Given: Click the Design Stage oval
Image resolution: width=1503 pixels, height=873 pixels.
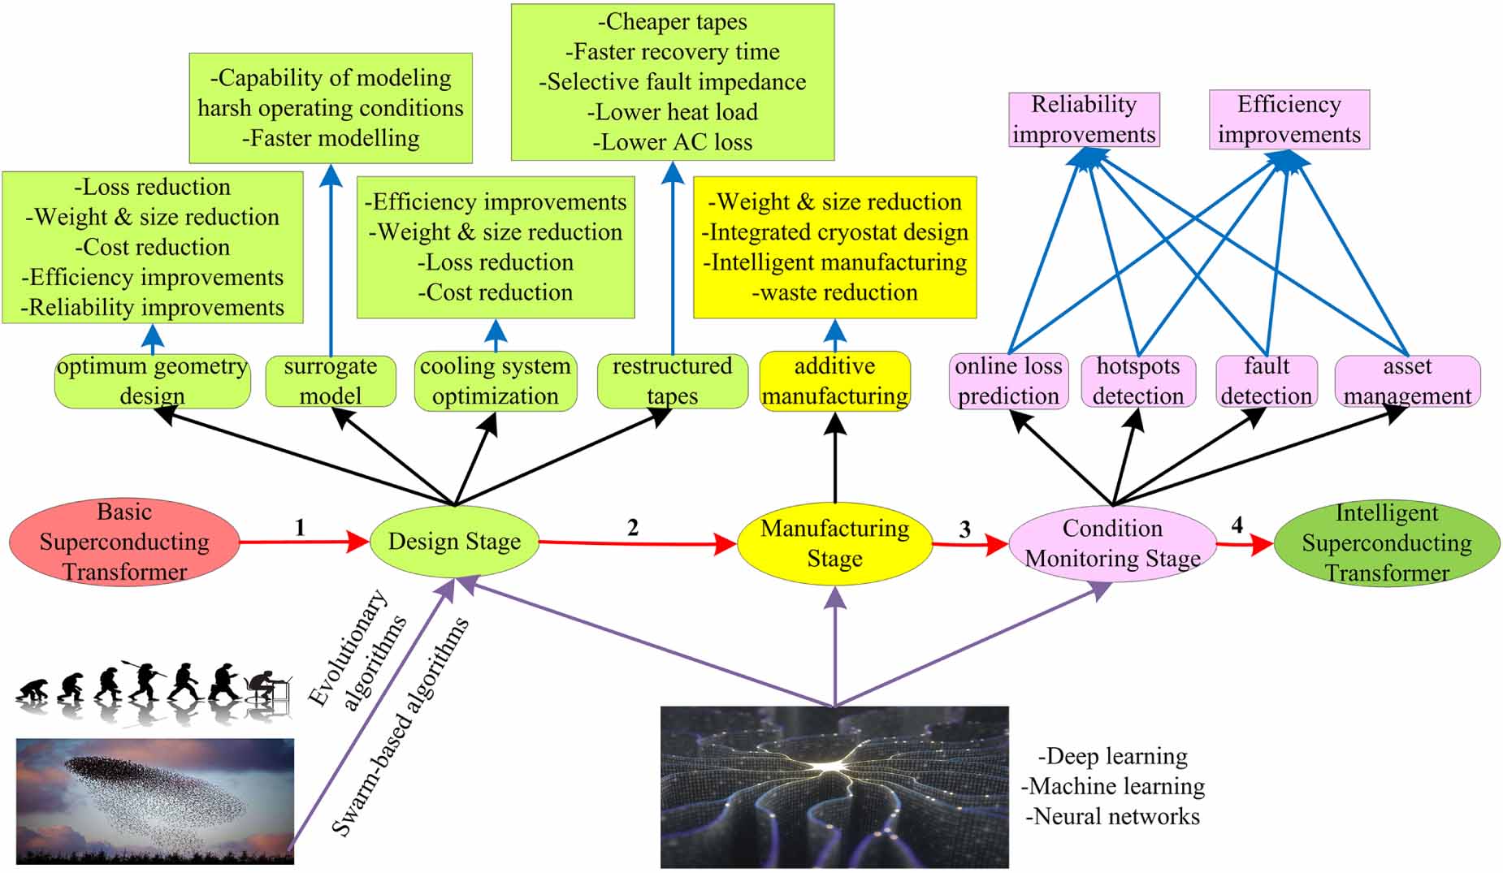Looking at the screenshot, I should (x=454, y=542).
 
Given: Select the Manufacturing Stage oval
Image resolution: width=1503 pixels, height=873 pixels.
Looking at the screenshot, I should (x=834, y=543).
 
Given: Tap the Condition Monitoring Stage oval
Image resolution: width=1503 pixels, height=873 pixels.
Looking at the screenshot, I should (x=1112, y=543).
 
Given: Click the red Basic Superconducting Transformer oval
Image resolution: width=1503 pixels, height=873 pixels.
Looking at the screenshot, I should (x=124, y=542).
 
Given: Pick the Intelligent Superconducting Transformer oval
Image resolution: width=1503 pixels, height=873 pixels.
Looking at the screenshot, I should (x=1386, y=542).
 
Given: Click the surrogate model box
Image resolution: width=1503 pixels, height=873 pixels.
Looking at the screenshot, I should (x=331, y=381).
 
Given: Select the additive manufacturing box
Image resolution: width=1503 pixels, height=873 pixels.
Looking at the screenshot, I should (x=834, y=381).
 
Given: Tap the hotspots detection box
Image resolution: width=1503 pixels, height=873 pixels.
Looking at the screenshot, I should (x=1137, y=381).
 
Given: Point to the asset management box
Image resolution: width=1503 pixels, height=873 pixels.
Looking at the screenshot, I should (x=1407, y=381).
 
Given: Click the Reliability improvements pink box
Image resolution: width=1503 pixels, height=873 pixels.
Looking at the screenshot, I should (x=1084, y=119).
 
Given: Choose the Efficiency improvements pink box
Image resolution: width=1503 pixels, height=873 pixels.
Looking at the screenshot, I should (x=1289, y=119).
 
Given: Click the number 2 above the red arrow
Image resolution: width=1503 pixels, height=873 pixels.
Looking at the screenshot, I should (x=633, y=528).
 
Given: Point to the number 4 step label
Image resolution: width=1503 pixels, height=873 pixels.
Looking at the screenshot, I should (x=1237, y=525).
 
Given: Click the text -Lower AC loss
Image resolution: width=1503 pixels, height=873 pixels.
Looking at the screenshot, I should (x=672, y=142).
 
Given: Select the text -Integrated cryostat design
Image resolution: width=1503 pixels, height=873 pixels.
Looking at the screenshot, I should (x=834, y=232).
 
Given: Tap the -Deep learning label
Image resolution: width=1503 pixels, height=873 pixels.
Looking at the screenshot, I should (x=1112, y=756).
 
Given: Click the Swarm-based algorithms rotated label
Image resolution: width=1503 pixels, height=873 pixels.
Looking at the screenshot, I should (x=400, y=728).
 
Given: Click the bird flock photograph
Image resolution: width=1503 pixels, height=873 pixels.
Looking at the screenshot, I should (x=155, y=800).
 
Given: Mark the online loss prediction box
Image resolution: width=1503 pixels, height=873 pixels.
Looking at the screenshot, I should (x=1008, y=381).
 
